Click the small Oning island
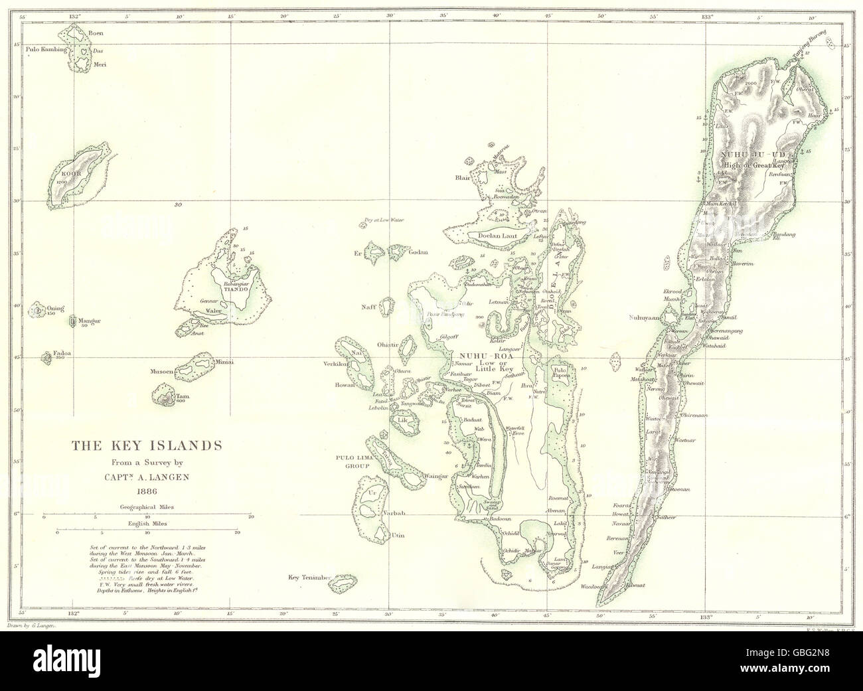39,309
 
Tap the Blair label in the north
463,178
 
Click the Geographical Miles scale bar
147,516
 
